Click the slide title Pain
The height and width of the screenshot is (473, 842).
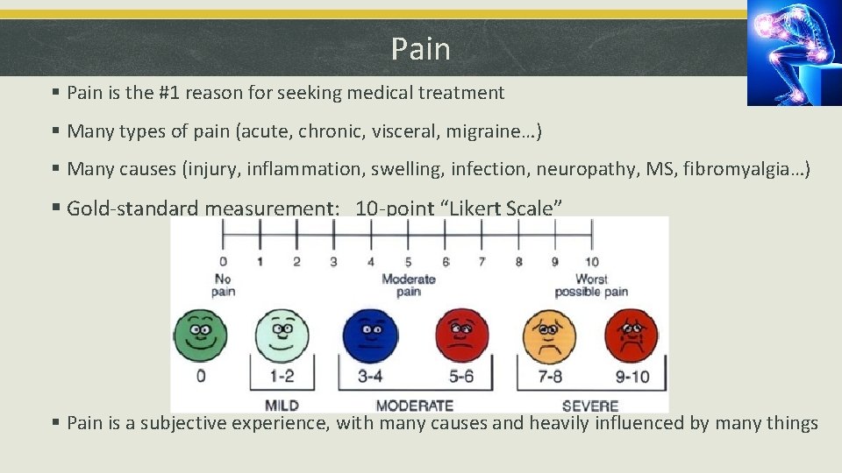pyautogui.click(x=421, y=49)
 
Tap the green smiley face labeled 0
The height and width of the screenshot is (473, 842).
pyautogui.click(x=200, y=336)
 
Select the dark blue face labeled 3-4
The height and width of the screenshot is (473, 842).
pyautogui.click(x=370, y=336)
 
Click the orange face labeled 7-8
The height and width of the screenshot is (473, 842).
pyautogui.click(x=549, y=336)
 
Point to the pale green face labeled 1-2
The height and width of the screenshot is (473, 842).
pyautogui.click(x=282, y=336)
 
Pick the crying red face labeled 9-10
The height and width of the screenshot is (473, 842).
pyautogui.click(x=629, y=336)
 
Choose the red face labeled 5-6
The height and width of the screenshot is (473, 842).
pyautogui.click(x=462, y=336)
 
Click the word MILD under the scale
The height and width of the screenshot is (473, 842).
pyautogui.click(x=282, y=406)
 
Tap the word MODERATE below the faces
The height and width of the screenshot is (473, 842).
pyautogui.click(x=414, y=406)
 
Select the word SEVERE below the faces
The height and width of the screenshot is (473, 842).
pyautogui.click(x=589, y=406)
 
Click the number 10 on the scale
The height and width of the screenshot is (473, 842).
pyautogui.click(x=592, y=262)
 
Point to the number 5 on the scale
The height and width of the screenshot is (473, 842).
pyautogui.click(x=408, y=262)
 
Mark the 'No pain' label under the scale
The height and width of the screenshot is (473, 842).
pyautogui.click(x=223, y=285)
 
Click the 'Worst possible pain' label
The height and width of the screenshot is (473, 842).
pyautogui.click(x=591, y=285)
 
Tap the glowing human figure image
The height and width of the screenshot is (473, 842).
pyautogui.click(x=795, y=53)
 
